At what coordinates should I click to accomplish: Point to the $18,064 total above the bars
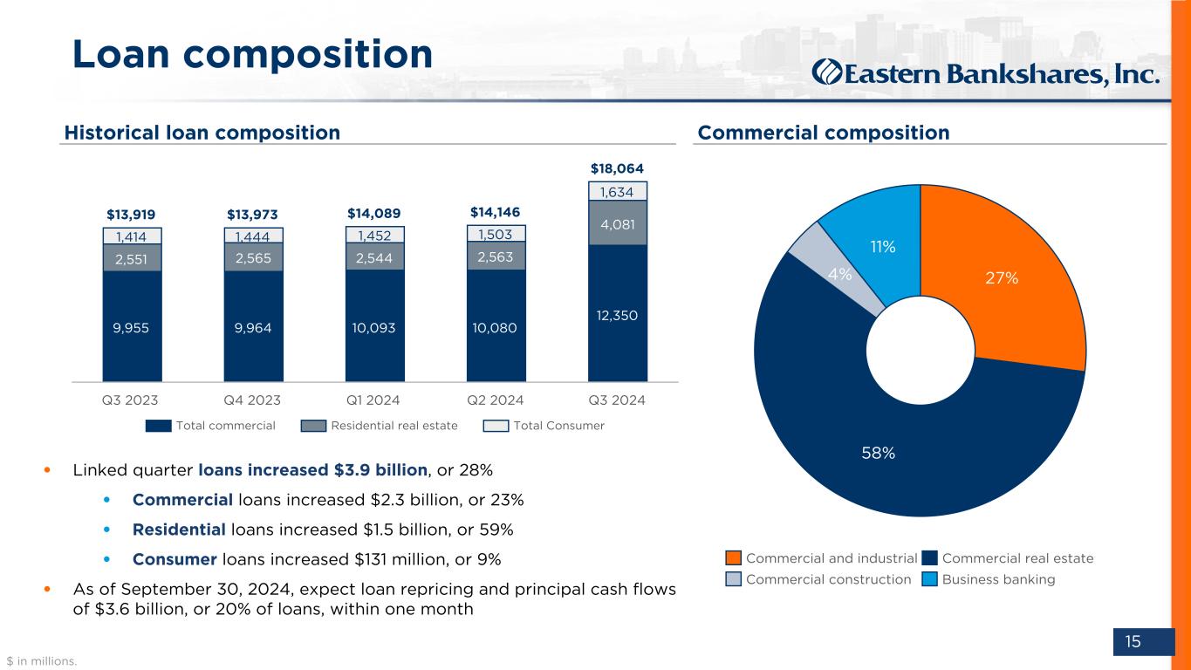click(x=617, y=167)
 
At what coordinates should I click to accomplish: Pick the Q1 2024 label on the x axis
click(x=375, y=400)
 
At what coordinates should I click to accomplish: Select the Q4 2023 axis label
click(x=253, y=400)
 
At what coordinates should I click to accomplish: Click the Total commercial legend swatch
click(x=158, y=426)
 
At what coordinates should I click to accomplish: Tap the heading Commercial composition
click(x=823, y=133)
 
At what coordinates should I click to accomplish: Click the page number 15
click(x=1133, y=642)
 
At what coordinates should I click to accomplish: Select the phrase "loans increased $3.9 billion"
click(x=312, y=470)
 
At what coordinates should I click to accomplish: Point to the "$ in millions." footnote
click(x=42, y=661)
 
